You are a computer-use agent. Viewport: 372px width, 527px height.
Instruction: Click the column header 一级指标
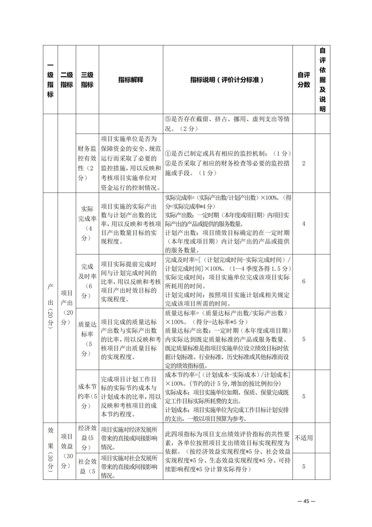pyautogui.click(x=50, y=80)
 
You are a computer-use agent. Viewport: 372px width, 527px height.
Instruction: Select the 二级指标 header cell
pyautogui.click(x=67, y=80)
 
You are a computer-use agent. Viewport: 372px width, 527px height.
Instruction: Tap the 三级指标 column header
pyautogui.click(x=87, y=80)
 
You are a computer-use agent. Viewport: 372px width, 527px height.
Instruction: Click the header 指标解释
pyautogui.click(x=131, y=80)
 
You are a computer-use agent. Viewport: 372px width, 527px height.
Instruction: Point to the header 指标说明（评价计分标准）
pyautogui.click(x=227, y=80)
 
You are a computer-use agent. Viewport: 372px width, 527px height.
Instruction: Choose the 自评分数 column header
pyautogui.click(x=303, y=80)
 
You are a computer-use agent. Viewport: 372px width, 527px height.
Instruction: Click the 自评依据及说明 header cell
pyautogui.click(x=322, y=80)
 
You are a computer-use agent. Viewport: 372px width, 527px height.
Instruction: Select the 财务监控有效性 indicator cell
pyautogui.click(x=87, y=163)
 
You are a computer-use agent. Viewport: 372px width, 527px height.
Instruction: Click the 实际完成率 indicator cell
pyautogui.click(x=87, y=223)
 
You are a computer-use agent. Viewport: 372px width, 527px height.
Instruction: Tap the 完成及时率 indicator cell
pyautogui.click(x=87, y=281)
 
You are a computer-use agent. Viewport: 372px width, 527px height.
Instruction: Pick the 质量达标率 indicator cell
pyautogui.click(x=87, y=339)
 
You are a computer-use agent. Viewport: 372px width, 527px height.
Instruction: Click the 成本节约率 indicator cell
pyautogui.click(x=87, y=396)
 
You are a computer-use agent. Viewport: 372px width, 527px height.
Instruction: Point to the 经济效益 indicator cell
pyautogui.click(x=87, y=438)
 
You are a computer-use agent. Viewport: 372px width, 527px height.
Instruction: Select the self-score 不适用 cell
pyautogui.click(x=303, y=438)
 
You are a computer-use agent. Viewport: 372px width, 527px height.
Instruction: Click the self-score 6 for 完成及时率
pyautogui.click(x=303, y=281)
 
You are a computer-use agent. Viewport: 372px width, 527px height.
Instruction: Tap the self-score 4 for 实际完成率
pyautogui.click(x=303, y=224)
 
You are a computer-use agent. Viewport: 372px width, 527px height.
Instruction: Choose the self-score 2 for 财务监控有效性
pyautogui.click(x=303, y=163)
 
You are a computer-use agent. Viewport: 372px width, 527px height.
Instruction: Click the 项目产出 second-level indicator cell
pyautogui.click(x=67, y=307)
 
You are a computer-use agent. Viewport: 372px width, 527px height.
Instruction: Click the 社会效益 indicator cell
pyautogui.click(x=87, y=466)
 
